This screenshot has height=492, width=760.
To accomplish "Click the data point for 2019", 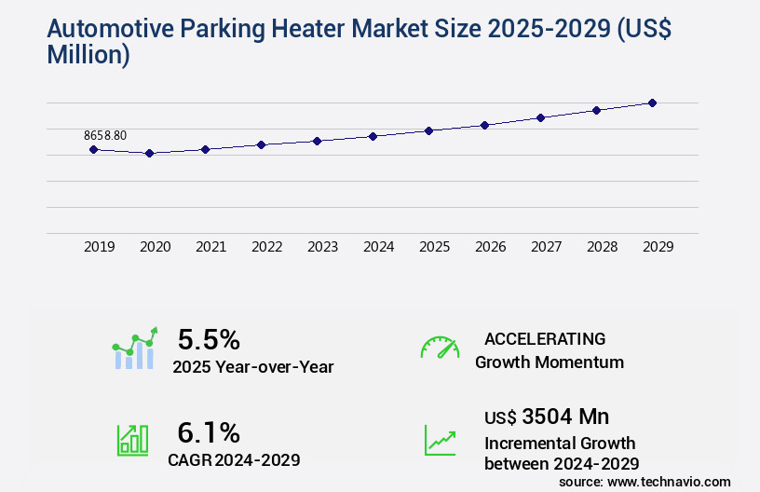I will point(93,149).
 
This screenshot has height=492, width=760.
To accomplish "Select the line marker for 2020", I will point(149,153).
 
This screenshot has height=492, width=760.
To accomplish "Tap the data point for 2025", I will point(428,130).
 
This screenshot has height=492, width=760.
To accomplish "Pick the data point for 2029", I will point(652,102).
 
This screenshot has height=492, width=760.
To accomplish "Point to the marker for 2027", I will point(540,117).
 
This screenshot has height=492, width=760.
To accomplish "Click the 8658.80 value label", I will point(105,135).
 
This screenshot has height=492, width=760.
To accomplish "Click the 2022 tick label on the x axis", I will point(266,247).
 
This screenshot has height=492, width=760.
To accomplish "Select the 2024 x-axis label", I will point(378,247).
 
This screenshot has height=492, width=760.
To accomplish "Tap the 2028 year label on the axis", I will point(602,247).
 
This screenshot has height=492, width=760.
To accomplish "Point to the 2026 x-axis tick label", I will point(490,247).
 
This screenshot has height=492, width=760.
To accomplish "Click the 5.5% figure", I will point(209,338).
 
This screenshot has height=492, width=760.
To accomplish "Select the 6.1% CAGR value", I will point(209,432).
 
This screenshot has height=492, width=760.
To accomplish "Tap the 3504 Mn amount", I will point(566,416).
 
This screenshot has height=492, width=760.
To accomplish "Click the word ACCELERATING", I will point(545,338).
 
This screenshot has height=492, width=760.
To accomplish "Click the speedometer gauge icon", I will point(440,348).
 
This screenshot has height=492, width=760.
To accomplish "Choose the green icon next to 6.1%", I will point(131,440).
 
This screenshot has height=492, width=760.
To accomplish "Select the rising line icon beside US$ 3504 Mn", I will point(440,440).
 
